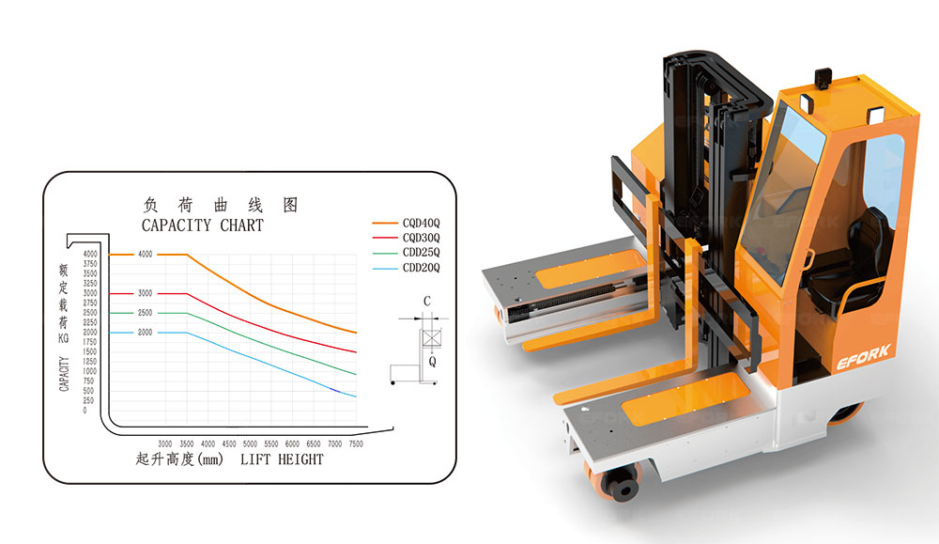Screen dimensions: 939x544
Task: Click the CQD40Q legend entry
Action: (406, 223)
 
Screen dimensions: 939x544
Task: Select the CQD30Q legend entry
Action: (406, 238)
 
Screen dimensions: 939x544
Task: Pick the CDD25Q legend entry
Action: (406, 252)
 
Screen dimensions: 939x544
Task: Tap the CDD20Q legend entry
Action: (406, 268)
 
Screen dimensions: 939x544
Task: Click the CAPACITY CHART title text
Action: (203, 225)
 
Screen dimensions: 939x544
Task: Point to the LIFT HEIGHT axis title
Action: (282, 459)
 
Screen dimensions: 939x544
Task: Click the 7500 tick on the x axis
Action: (356, 444)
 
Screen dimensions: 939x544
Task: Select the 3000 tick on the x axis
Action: (165, 444)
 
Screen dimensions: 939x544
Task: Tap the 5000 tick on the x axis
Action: (250, 444)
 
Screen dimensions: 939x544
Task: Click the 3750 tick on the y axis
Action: (90, 264)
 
